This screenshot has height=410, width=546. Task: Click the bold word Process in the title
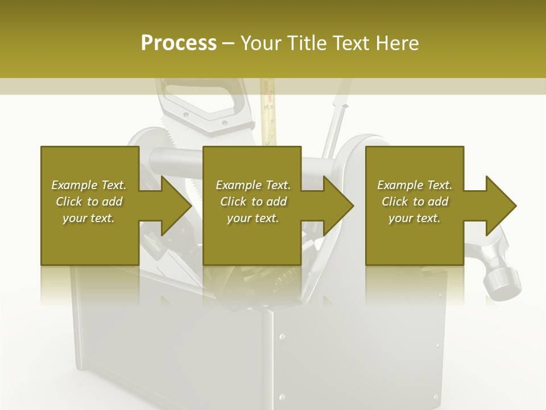click(x=179, y=43)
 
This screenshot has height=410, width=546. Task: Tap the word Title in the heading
click(x=308, y=43)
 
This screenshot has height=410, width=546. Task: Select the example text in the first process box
click(x=89, y=202)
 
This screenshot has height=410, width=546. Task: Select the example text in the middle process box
click(x=253, y=202)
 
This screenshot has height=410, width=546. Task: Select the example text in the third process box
click(x=414, y=202)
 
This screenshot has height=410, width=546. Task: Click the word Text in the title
click(x=354, y=43)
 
